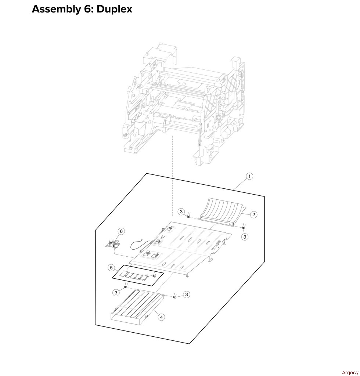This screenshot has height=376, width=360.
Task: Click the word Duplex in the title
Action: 114,9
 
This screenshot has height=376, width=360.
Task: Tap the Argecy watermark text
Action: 350,373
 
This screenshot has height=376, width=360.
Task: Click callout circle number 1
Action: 249,177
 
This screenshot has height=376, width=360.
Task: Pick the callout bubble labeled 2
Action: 253,214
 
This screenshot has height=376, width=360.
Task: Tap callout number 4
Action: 161,317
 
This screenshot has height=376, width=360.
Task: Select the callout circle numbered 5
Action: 111,268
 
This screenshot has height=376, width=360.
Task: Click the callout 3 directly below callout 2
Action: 245,237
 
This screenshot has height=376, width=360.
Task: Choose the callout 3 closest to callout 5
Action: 116,292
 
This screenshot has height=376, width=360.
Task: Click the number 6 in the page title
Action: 89,9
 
